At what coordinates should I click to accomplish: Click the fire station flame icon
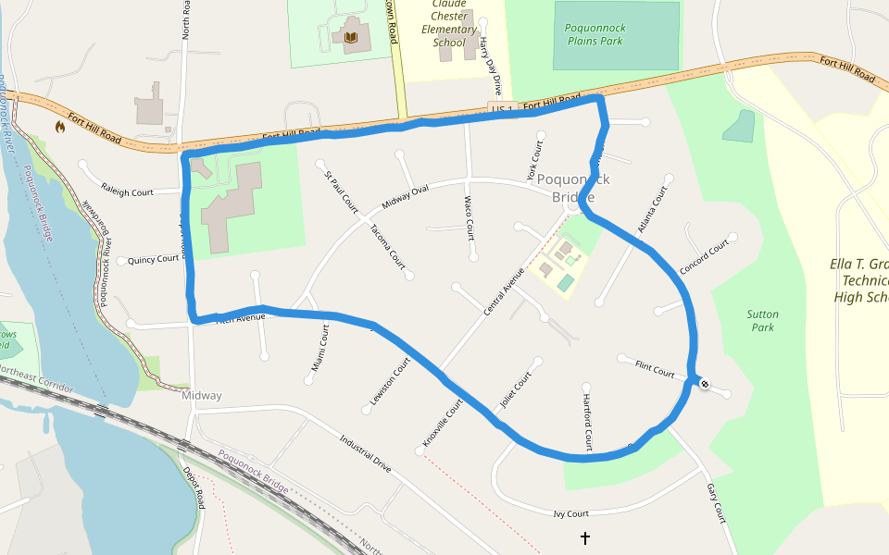pos(60,127)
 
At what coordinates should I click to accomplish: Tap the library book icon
pos(350,38)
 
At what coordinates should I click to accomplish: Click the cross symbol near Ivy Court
pos(584,537)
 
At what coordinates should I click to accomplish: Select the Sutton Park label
pos(762,321)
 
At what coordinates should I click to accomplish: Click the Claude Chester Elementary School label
pos(449,23)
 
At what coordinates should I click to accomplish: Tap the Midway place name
pos(202,396)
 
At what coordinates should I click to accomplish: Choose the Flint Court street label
pos(655,369)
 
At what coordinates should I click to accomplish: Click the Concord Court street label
pos(705,257)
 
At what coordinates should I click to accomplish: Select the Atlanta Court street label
pos(653,210)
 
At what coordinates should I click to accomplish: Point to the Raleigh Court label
pos(128,192)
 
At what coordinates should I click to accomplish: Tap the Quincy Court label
pos(153,259)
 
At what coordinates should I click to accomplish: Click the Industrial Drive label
pos(365,451)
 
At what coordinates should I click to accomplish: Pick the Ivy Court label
pos(570,513)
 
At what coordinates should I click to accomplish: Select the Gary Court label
pos(716,502)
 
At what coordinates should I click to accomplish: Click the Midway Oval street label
pos(406,196)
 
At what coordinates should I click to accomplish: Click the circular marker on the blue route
pos(705,383)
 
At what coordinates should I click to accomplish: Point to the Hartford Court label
pos(587,422)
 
